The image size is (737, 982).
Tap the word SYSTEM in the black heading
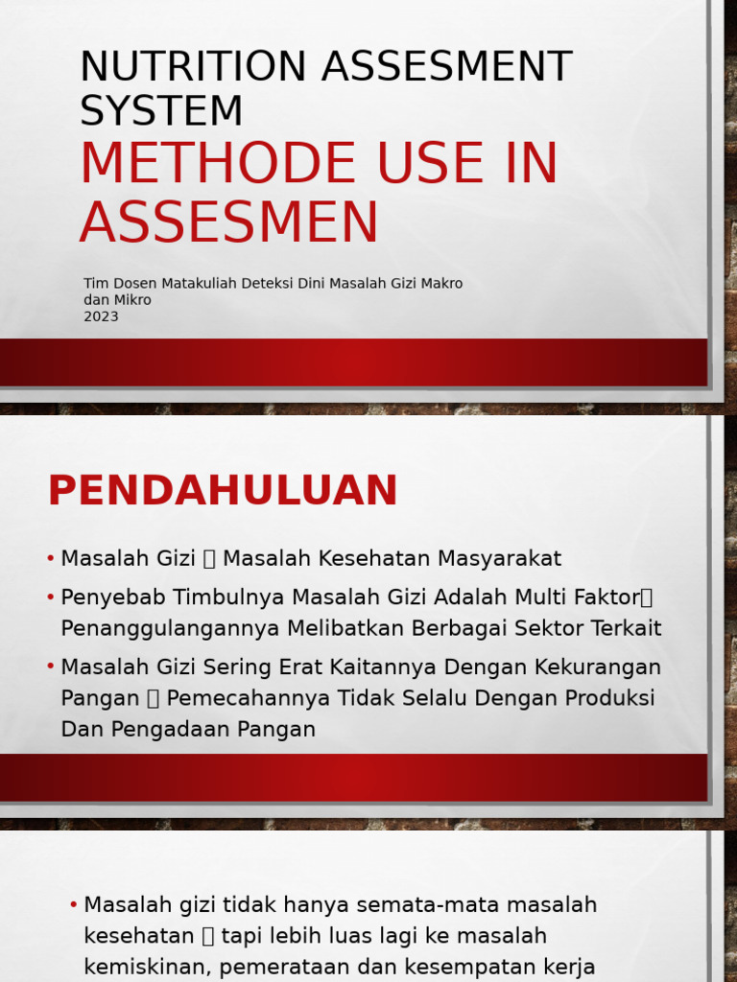[x=161, y=110]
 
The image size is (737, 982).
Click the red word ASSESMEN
[x=229, y=222]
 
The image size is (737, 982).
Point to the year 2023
[x=101, y=316]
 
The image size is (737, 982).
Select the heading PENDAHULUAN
[x=223, y=491]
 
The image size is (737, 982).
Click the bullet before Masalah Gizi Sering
[x=50, y=666]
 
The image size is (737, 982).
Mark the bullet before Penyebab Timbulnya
[x=50, y=597]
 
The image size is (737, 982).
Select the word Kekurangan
[x=598, y=666]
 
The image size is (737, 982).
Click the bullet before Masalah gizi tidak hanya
[x=74, y=905]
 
